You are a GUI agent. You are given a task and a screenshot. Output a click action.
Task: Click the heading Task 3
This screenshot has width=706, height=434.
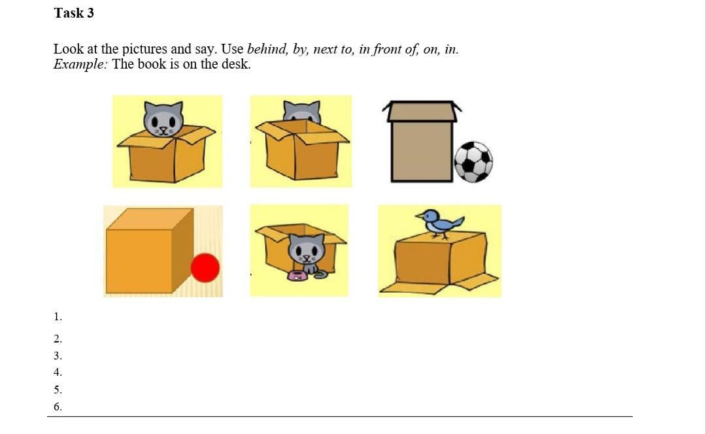(x=74, y=13)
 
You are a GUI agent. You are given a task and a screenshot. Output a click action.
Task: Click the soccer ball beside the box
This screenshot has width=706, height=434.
(x=473, y=162)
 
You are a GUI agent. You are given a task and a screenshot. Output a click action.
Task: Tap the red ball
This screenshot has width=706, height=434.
(x=205, y=268)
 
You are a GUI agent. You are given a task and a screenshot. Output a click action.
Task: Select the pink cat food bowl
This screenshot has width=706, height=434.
(x=297, y=276)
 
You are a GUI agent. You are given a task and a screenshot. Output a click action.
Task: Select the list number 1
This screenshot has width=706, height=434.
(x=58, y=317)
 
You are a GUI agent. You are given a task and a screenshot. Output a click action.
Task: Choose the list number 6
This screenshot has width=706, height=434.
(x=58, y=407)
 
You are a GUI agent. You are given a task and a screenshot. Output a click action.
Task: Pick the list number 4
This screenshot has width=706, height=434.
(x=58, y=373)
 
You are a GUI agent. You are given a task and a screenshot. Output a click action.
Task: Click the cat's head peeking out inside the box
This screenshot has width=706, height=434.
(x=163, y=120)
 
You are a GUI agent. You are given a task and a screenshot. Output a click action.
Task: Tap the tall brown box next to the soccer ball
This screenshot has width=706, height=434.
(x=422, y=141)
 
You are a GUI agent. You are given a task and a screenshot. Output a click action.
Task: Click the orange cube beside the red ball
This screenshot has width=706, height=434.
(x=150, y=250)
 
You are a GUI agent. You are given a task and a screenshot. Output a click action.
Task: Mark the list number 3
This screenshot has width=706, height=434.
(x=58, y=356)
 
